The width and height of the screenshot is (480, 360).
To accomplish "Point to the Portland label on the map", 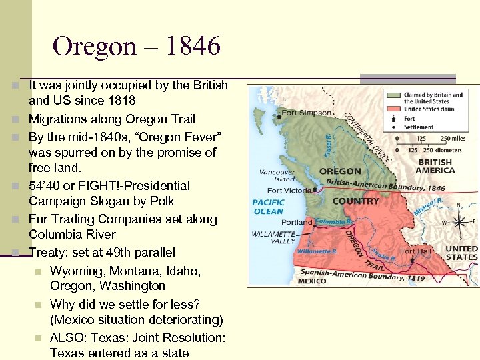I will (x=296, y=221).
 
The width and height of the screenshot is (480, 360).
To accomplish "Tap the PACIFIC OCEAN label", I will (x=268, y=206).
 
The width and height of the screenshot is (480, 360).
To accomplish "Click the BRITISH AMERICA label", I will (x=435, y=166).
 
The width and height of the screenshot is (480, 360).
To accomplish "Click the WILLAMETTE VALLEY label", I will (x=274, y=238).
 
